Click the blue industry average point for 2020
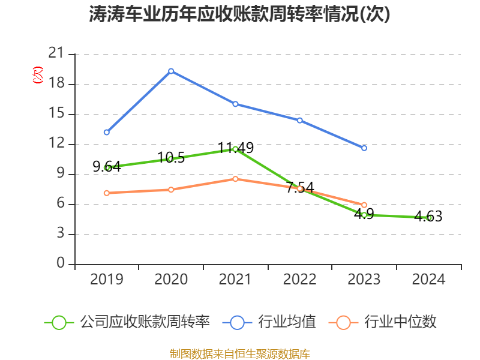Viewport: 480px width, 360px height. coord(171,71)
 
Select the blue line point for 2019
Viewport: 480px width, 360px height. coord(107,132)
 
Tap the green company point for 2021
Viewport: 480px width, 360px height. coord(235,149)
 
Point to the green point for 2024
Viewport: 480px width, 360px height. coord(429,218)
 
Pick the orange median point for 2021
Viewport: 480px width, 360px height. coord(235,179)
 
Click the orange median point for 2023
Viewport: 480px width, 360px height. coord(364,205)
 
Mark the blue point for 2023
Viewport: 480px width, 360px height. coord(364,148)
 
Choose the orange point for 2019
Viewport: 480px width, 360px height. coord(107,193)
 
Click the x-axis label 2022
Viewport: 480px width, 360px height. coord(299,280)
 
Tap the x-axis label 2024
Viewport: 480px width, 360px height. coord(428,280)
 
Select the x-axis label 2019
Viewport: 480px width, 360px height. coord(107,280)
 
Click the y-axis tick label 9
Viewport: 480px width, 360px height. coord(60,174)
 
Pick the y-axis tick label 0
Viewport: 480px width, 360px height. coord(60,264)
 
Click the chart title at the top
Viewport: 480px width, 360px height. coord(240,14)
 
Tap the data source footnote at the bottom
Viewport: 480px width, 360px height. coord(240,353)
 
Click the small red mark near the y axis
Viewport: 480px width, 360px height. coord(38,75)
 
